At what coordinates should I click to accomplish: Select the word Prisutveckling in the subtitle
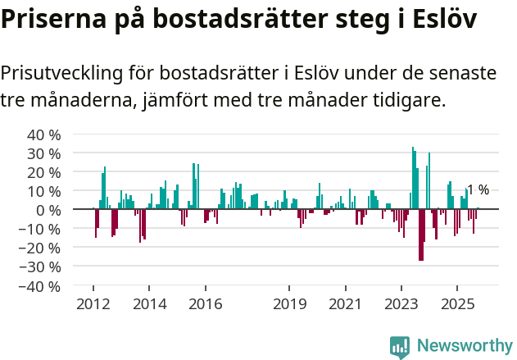59,74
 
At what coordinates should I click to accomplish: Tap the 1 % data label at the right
478,190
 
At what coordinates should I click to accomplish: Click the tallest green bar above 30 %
413,178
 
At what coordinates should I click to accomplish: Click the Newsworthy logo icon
400,346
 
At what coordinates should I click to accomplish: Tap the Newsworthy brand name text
464,346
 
